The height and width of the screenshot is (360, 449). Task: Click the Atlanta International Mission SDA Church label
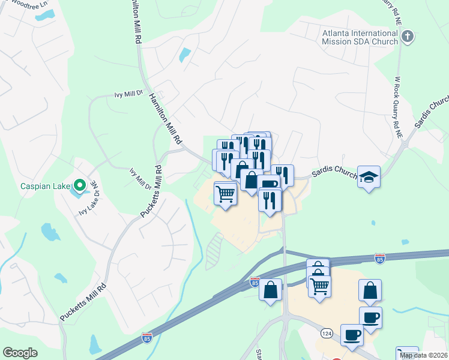pyautogui.click(x=360, y=37)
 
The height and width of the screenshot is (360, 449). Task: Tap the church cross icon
pyautogui.click(x=408, y=37)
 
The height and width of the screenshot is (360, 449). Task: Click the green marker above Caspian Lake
pyautogui.click(x=79, y=184)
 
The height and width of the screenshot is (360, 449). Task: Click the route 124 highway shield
pyautogui.click(x=326, y=332)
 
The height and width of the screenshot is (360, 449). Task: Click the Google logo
pyautogui.click(x=20, y=353)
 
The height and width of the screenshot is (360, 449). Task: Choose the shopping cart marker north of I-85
pyautogui.click(x=225, y=193)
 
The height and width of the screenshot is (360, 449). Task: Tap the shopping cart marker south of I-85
pyautogui.click(x=319, y=286)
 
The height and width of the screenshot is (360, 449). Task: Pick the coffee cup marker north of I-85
pyautogui.click(x=268, y=184)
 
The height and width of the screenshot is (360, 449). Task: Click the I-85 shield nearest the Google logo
pyautogui.click(x=147, y=337)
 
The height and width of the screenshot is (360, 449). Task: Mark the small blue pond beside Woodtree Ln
pyautogui.click(x=185, y=55)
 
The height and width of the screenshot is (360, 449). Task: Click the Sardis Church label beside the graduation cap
pyautogui.click(x=334, y=174)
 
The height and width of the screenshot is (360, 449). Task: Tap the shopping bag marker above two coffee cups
pyautogui.click(x=370, y=290)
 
